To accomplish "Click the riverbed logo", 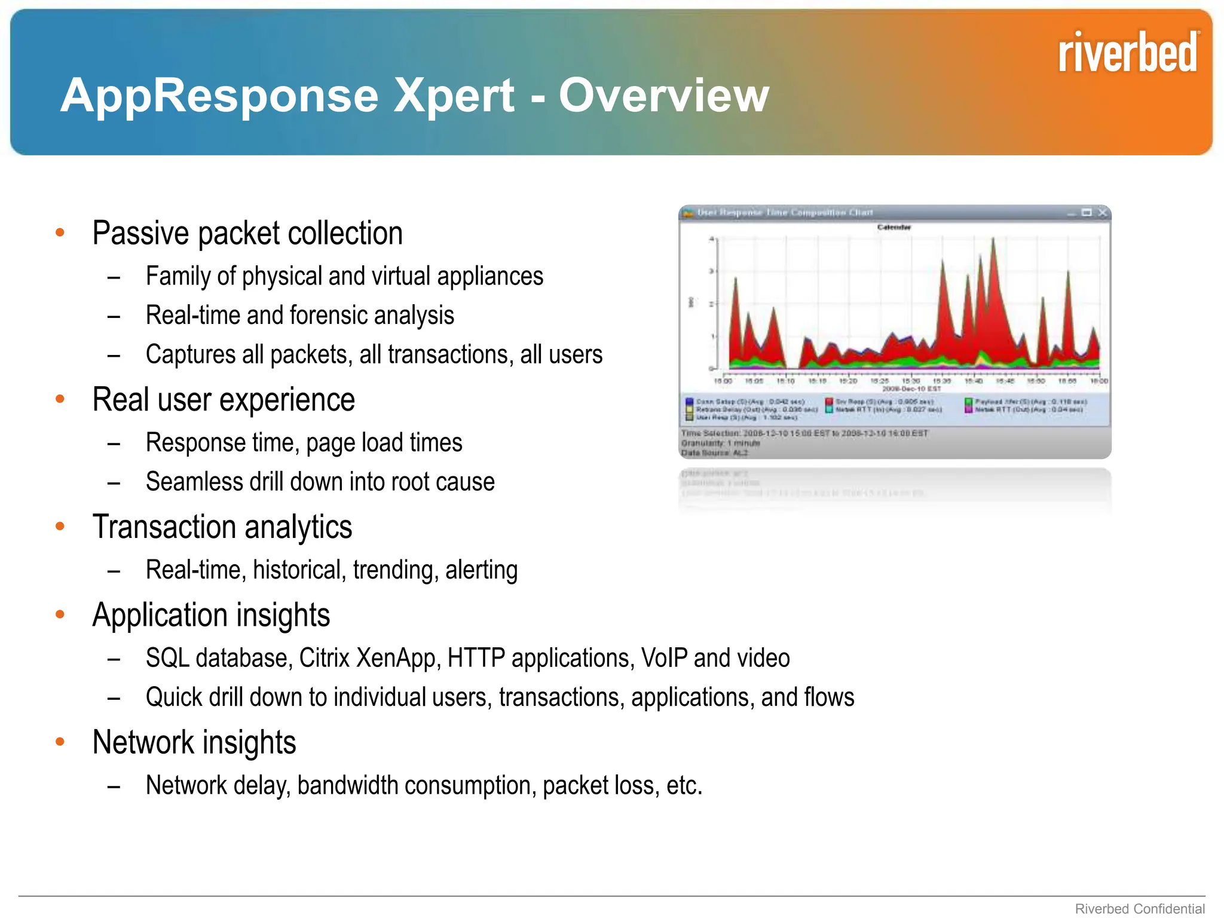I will (1127, 53).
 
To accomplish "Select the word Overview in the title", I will (663, 95).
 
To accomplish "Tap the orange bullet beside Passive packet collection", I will (60, 232).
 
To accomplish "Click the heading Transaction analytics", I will (222, 527).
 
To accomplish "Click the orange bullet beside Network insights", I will (60, 742).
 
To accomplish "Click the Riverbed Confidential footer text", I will (1139, 908).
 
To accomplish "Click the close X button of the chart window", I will (1102, 213).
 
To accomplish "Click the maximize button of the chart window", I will (1087, 213).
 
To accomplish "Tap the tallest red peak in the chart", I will (993, 240).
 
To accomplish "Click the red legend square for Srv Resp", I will (830, 402).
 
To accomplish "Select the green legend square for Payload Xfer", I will (968, 402).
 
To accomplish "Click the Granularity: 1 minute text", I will (721, 443).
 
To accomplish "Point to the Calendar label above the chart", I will (893, 227).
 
